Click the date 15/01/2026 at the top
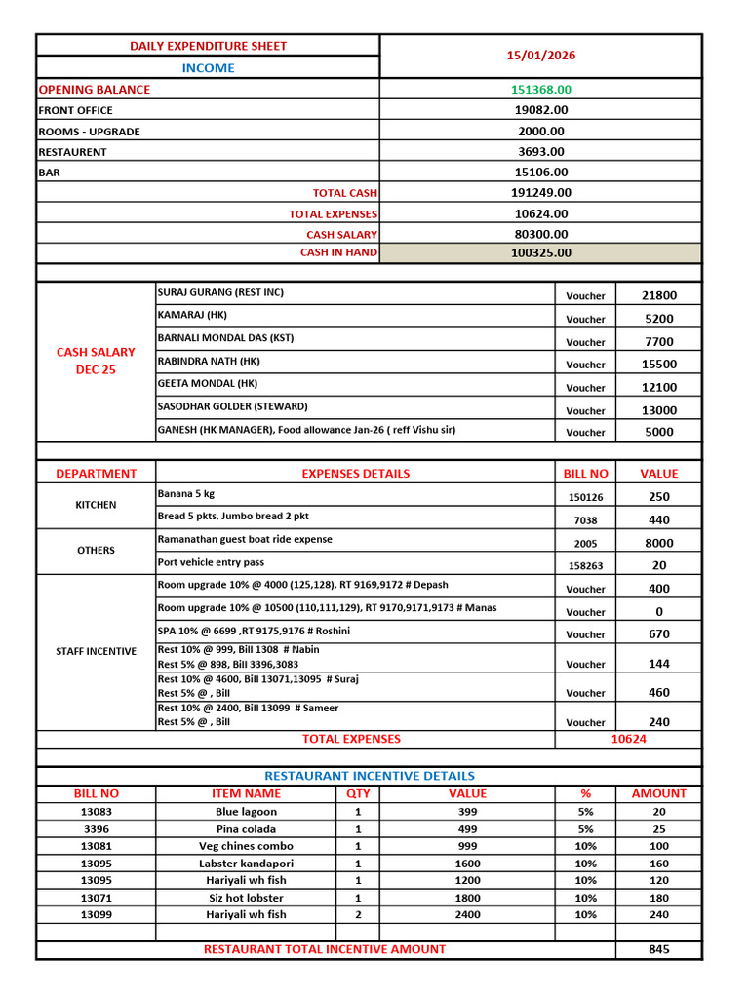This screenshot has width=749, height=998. click(x=540, y=56)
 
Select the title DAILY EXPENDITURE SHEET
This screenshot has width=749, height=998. click(x=209, y=46)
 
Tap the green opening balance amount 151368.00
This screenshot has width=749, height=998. click(x=540, y=90)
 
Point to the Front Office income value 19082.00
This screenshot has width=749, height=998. click(x=540, y=110)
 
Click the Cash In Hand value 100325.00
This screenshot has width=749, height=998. click(x=540, y=253)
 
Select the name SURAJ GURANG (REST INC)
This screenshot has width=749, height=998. click(x=220, y=292)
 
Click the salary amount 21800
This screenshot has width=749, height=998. click(x=658, y=295)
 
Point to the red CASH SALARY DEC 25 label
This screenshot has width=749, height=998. click(x=96, y=361)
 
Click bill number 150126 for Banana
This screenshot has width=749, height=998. click(x=585, y=497)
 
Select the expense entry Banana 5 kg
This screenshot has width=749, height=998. click(x=185, y=494)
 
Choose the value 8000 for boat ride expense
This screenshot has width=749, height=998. click(x=658, y=543)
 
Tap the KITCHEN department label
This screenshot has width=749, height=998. click(x=96, y=505)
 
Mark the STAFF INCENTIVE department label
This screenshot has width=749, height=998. click(x=96, y=651)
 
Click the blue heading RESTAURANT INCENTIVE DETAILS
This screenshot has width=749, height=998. click(x=370, y=776)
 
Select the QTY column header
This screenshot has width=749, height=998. click(x=358, y=793)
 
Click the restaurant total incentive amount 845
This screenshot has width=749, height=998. click(x=658, y=949)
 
